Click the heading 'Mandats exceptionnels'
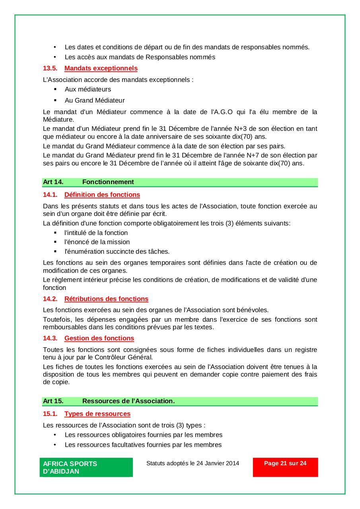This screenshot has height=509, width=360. point(101,68)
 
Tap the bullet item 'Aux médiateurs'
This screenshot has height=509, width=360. point(88,89)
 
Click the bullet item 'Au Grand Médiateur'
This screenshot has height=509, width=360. point(95,101)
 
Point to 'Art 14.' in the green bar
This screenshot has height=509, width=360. point(53,182)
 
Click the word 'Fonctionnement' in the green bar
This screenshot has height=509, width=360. point(108,182)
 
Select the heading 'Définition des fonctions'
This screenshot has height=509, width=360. point(102,195)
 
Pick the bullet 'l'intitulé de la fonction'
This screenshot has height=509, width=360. point(96,233)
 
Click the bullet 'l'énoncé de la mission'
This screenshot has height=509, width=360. point(97,242)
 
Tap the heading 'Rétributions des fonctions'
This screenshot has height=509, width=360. point(106,299)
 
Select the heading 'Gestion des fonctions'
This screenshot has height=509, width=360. point(99,338)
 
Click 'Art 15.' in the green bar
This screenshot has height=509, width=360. point(53,401)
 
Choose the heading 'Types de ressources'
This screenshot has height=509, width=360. point(97,414)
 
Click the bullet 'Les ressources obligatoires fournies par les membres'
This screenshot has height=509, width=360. point(143,435)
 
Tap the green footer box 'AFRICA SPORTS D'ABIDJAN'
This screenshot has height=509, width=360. point(86,468)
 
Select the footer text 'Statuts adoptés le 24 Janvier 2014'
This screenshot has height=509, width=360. point(193,463)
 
